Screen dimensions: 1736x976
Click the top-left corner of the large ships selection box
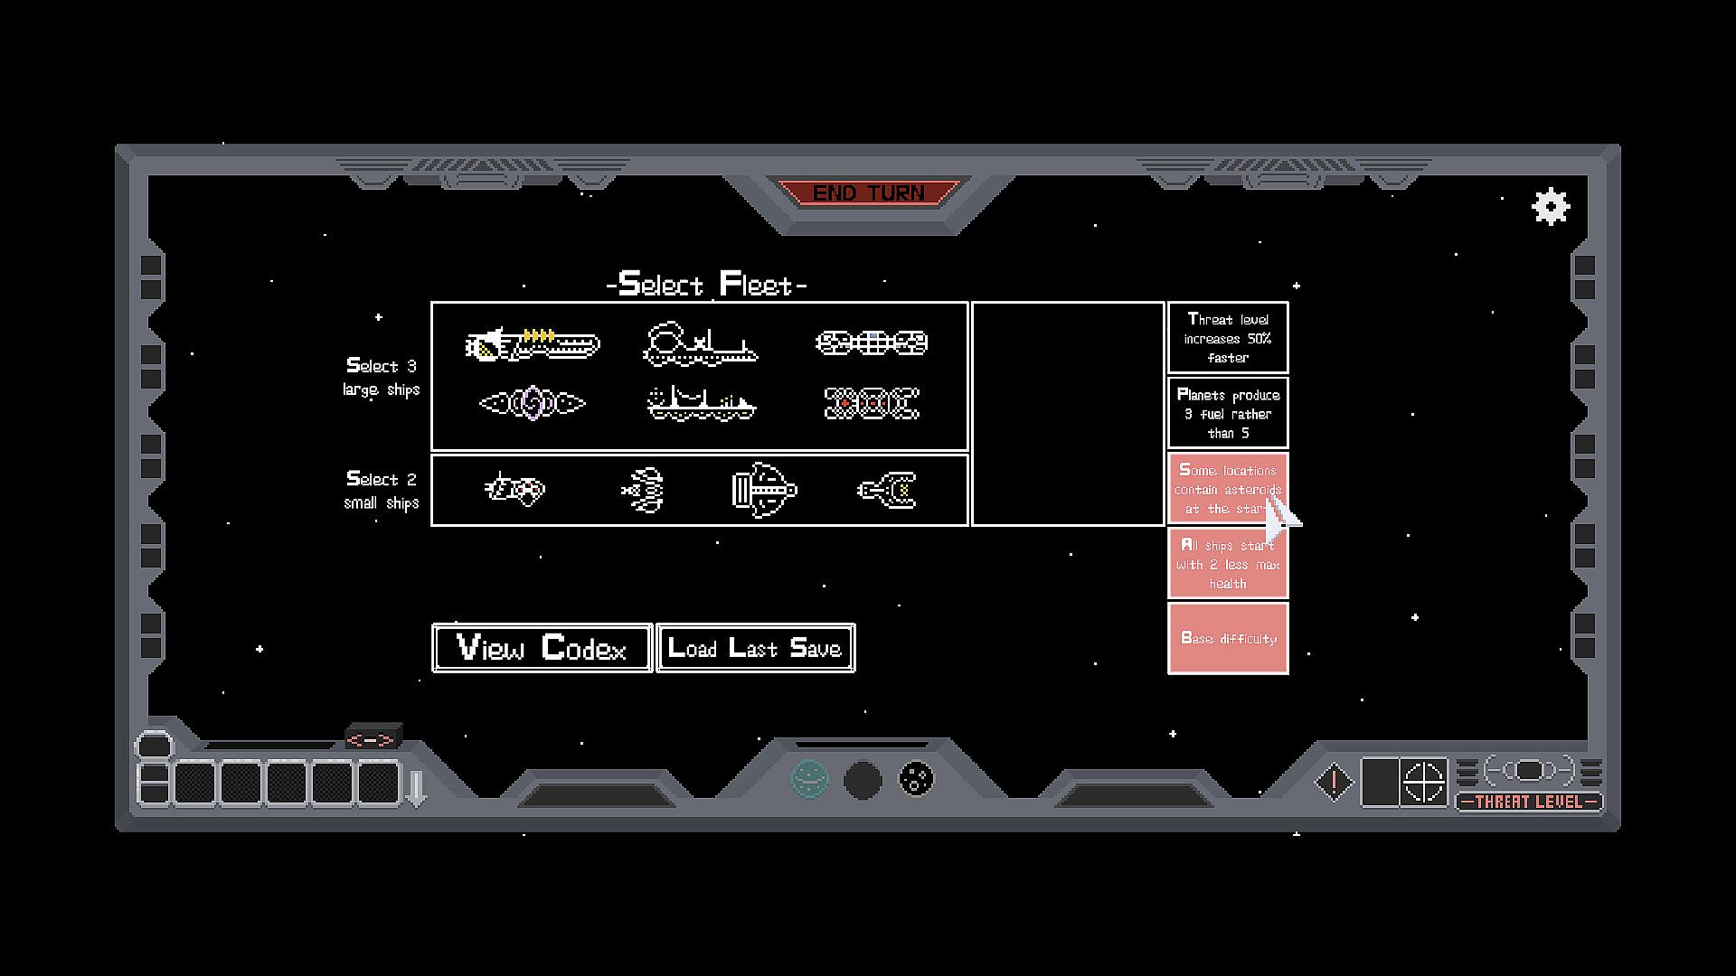[431, 303]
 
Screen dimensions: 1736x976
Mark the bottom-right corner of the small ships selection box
[967, 525]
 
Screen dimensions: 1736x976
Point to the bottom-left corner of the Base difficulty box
[1168, 673]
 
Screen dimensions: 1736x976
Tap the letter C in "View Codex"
[552, 647]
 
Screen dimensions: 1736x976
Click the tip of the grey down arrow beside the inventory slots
[416, 804]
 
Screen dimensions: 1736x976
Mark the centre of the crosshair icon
[1423, 782]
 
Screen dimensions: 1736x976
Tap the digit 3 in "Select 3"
[411, 366]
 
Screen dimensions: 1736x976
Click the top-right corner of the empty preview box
[1164, 303]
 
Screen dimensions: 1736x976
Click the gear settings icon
[1551, 207]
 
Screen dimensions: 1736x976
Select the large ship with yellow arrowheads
[533, 344]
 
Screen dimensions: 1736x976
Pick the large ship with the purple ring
[533, 403]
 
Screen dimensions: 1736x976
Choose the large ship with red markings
[872, 403]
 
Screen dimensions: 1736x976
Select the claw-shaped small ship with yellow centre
[888, 490]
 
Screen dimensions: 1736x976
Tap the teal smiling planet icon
[809, 778]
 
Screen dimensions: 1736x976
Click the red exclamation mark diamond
[1334, 782]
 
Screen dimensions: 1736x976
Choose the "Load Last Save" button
[755, 648]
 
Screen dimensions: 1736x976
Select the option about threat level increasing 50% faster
[1228, 338]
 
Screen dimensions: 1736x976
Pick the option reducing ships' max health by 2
[1228, 564]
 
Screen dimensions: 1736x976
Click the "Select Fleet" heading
[706, 285]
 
